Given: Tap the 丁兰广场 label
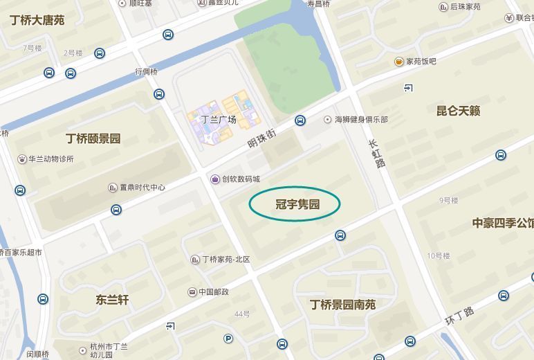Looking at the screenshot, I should point(219,120).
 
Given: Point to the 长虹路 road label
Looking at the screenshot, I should point(376,153).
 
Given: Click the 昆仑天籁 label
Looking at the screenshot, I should point(458,111).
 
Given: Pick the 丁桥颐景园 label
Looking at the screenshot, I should point(93,138).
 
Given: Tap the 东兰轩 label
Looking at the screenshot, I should point(112,300).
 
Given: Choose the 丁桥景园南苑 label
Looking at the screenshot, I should point(342,304).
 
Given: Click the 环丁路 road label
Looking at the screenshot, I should point(459,316).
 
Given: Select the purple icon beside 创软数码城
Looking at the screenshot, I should point(215,179).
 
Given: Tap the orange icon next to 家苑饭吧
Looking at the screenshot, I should point(399,62).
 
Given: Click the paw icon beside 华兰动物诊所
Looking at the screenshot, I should point(22,159).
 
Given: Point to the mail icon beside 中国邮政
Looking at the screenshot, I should point(192,292).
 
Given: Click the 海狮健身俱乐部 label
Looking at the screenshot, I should point(361,120).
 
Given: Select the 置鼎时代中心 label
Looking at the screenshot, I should point(142,188).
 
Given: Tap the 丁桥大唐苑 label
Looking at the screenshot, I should point(37,20).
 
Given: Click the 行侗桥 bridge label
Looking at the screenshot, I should point(147,71).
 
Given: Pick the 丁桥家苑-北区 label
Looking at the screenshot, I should point(225,260).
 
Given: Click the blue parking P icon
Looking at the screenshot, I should point(228,339).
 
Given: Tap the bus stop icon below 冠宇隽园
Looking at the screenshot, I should point(340,235).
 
